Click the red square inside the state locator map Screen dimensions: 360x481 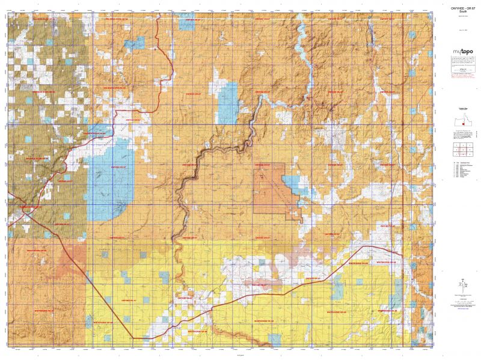pyautogui.click(x=459, y=124)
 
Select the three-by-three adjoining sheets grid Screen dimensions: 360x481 pyautogui.click(x=462, y=148)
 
